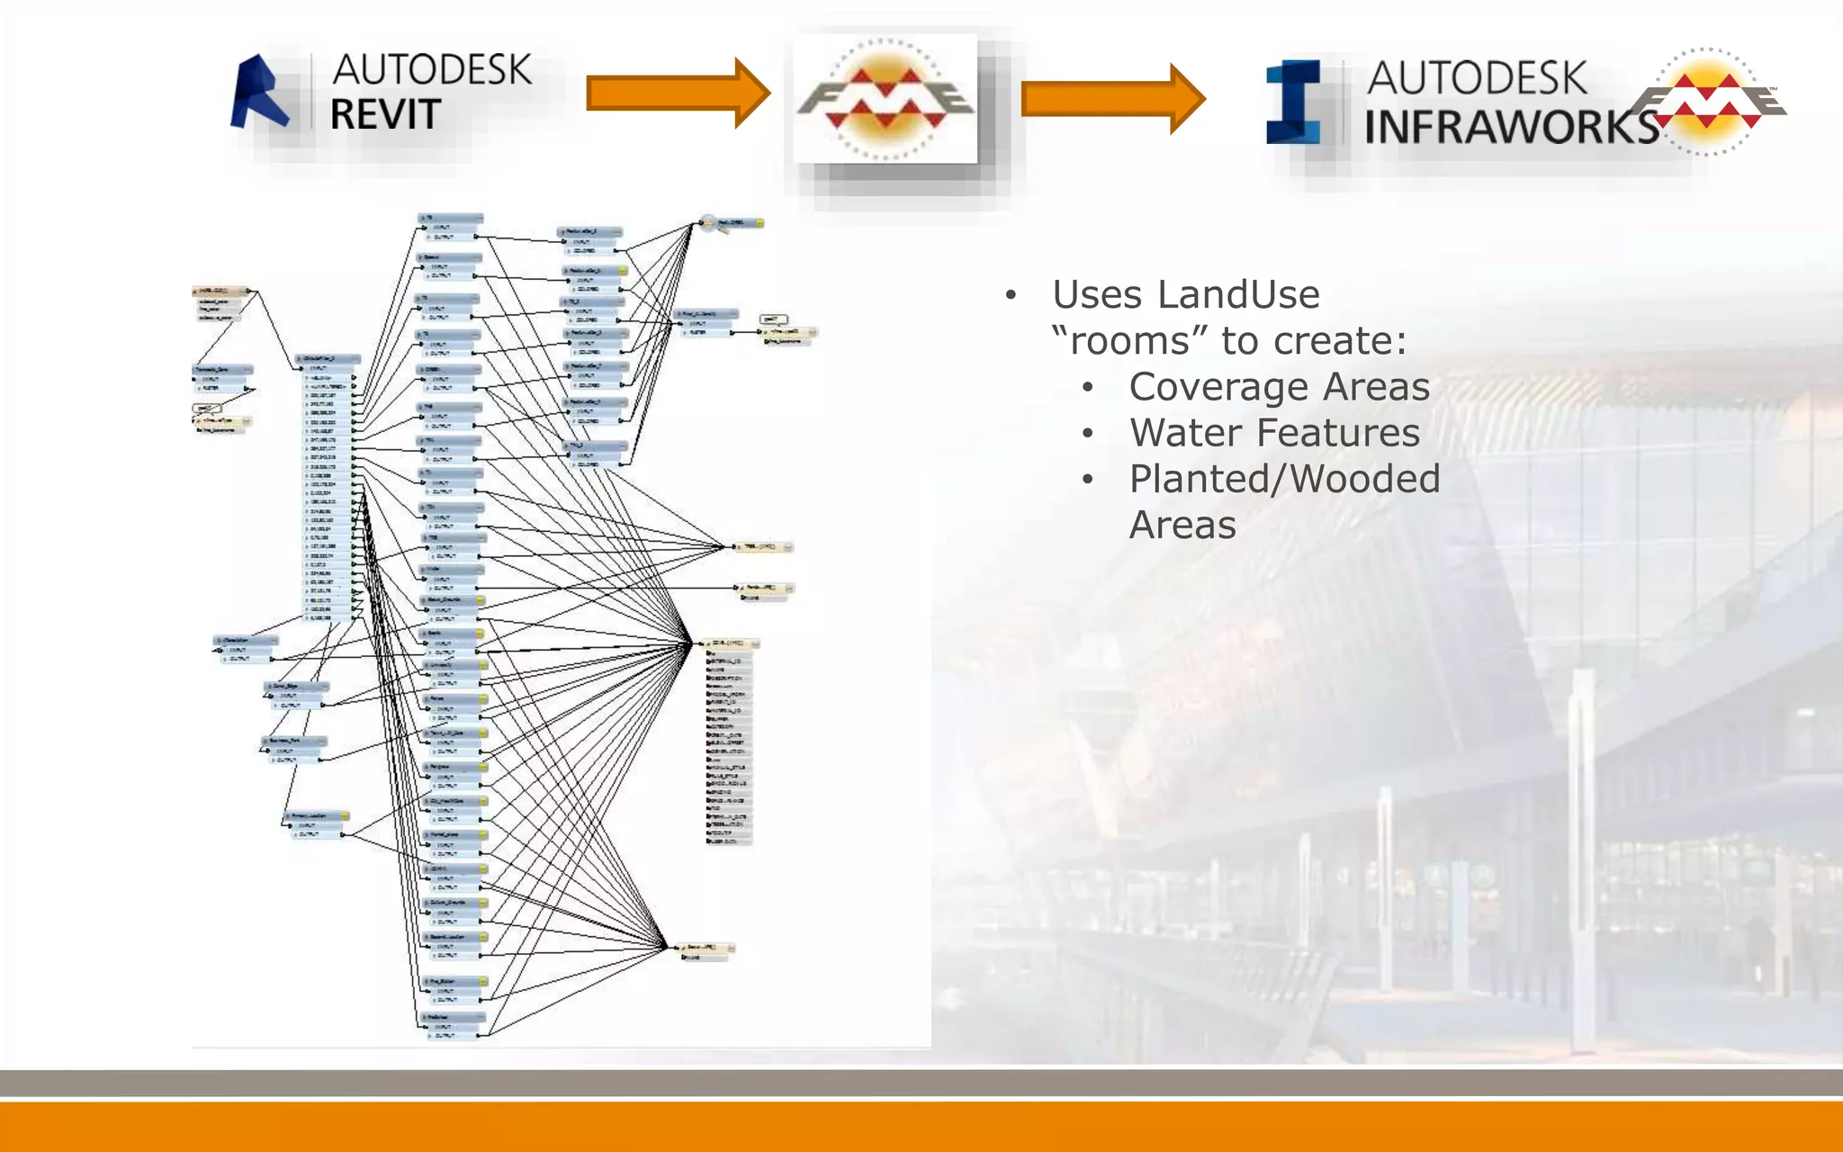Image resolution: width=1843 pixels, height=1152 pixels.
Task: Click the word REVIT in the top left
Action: (x=385, y=115)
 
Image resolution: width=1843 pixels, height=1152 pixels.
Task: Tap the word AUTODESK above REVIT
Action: (x=432, y=70)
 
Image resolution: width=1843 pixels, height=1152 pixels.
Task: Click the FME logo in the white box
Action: (x=886, y=99)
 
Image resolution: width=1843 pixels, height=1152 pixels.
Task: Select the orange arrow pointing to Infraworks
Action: (x=1112, y=99)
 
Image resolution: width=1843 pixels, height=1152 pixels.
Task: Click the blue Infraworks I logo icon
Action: (x=1294, y=103)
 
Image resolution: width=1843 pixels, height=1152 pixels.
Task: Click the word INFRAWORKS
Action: (x=1512, y=127)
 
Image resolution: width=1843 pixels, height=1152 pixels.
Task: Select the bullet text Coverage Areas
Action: (x=1279, y=387)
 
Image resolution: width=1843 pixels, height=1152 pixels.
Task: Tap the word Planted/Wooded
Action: (x=1284, y=479)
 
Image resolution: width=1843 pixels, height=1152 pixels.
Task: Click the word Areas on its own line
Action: (x=1182, y=525)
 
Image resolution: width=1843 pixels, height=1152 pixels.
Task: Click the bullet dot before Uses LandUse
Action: (x=1011, y=296)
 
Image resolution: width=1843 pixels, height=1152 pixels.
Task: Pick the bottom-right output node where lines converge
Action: (x=706, y=949)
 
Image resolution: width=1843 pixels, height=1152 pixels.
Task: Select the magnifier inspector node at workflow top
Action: (x=710, y=222)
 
